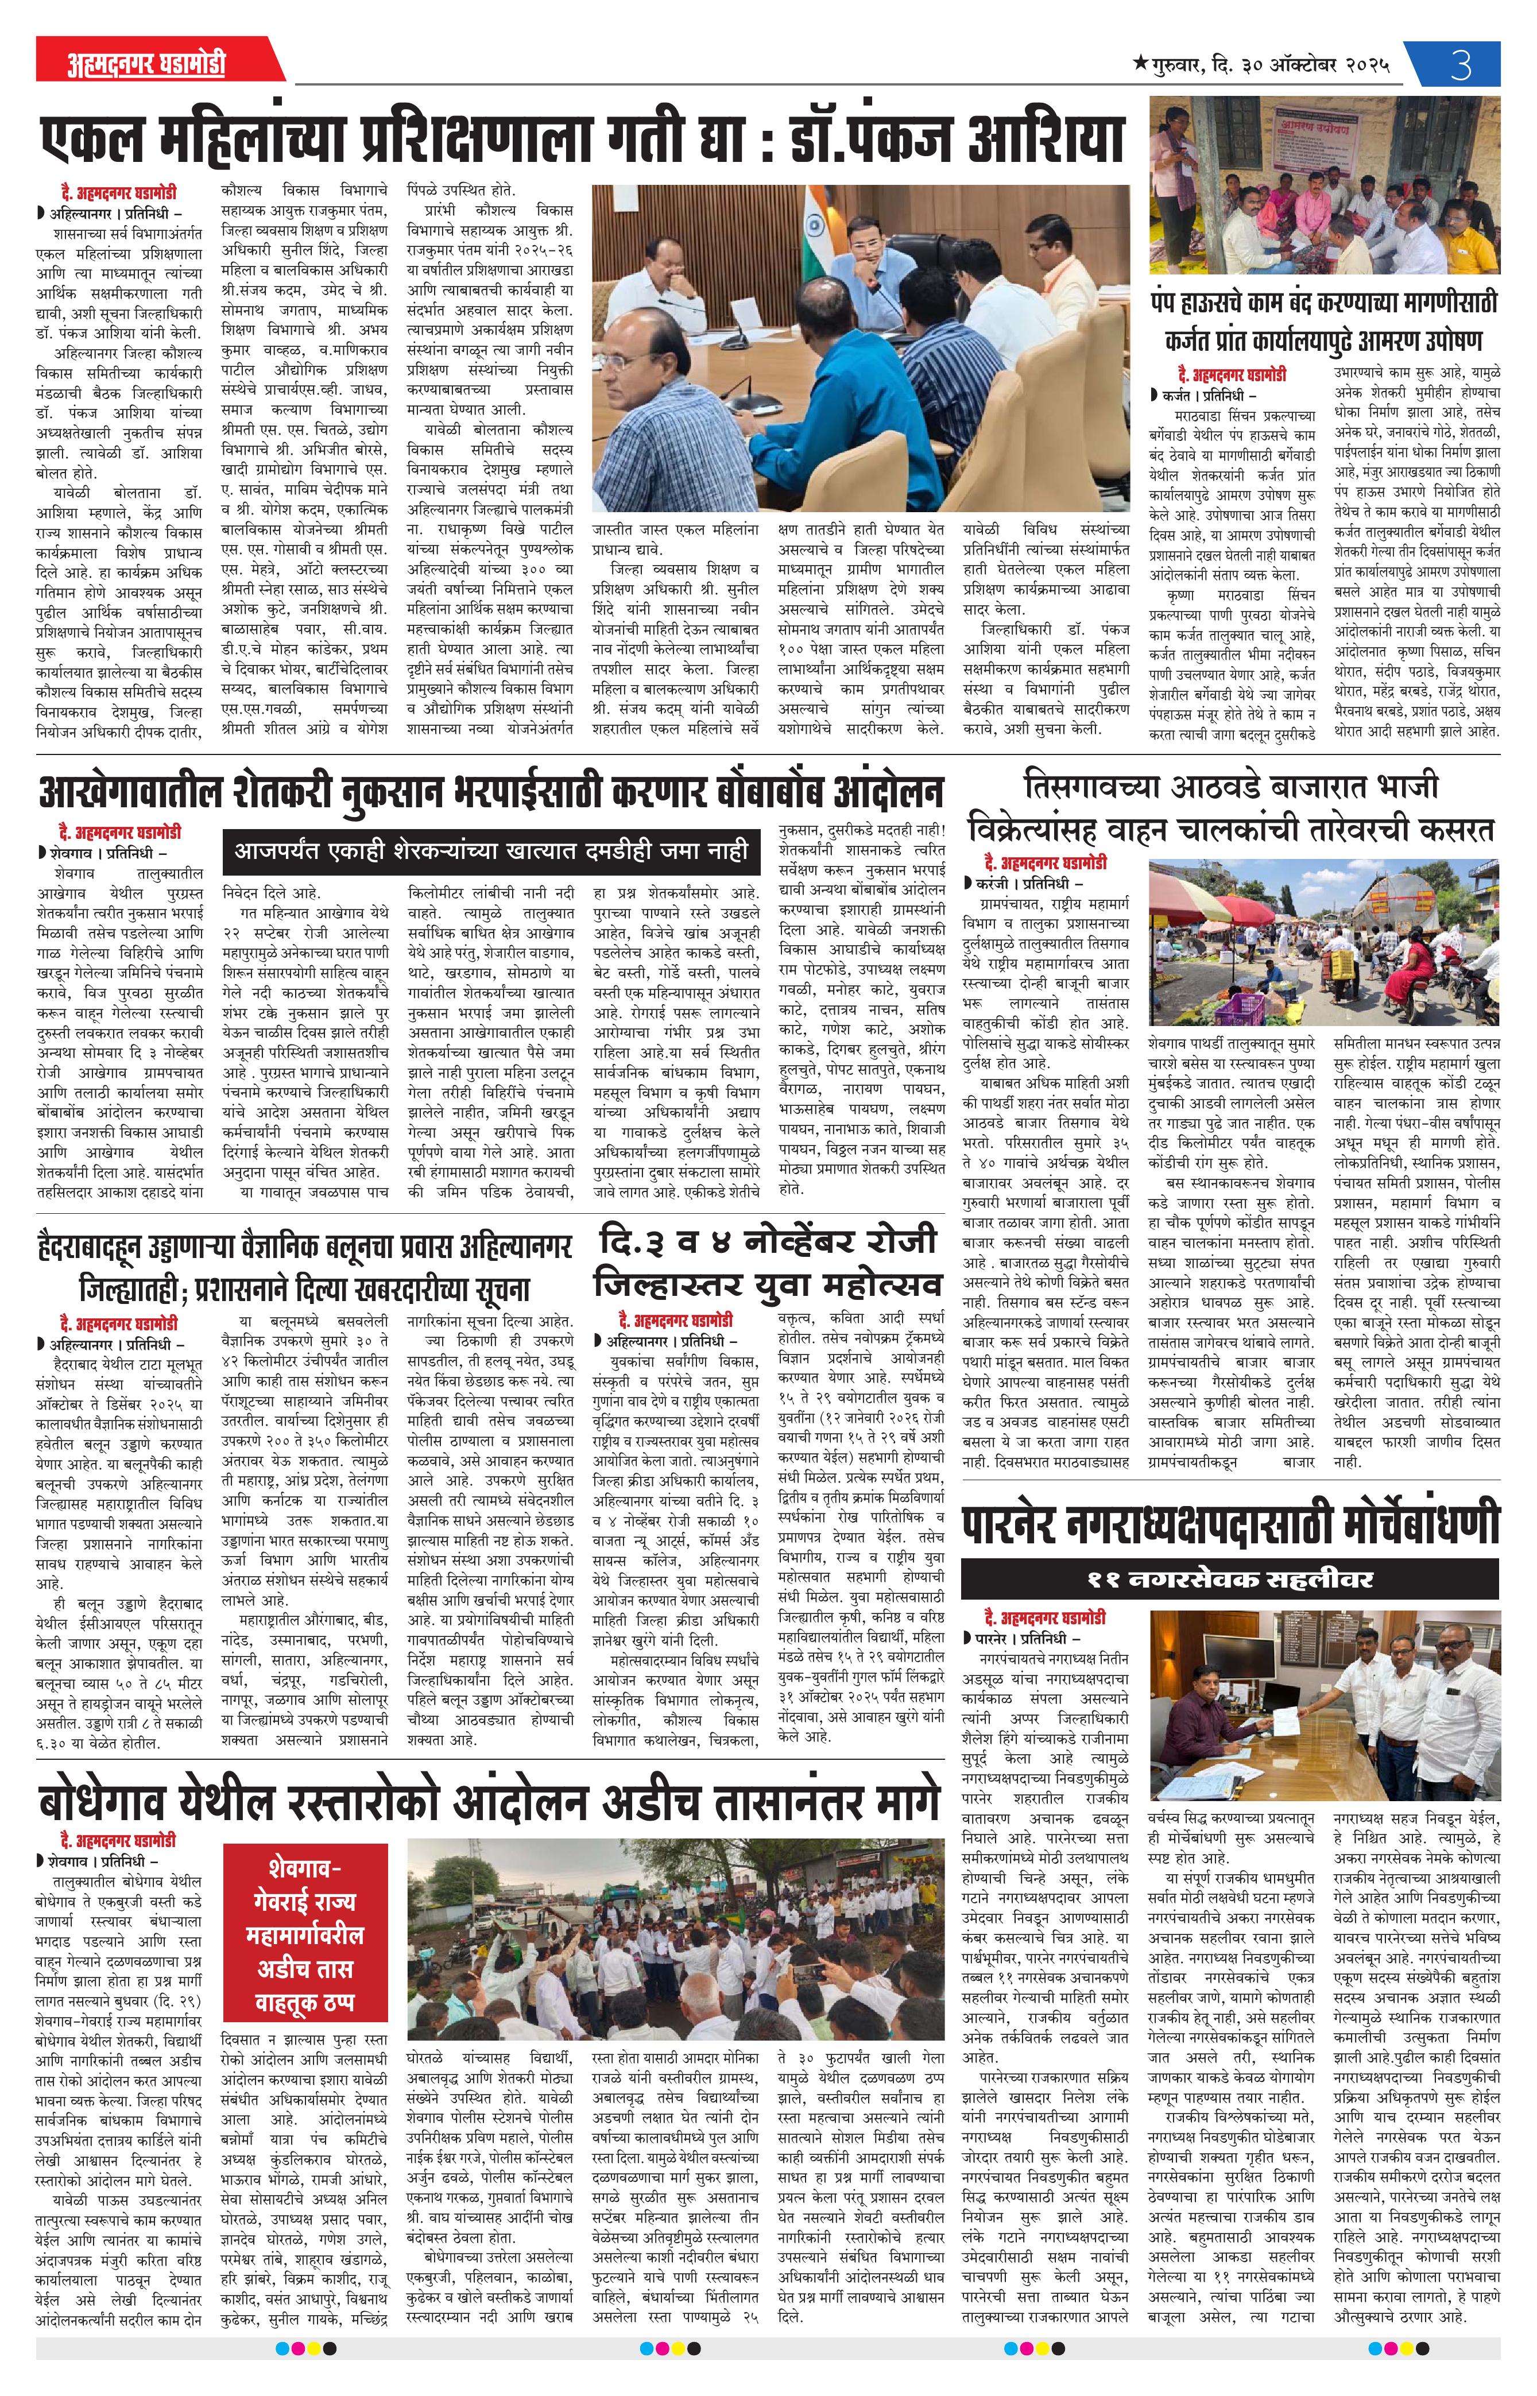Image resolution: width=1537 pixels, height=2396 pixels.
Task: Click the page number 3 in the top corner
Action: [1461, 66]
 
